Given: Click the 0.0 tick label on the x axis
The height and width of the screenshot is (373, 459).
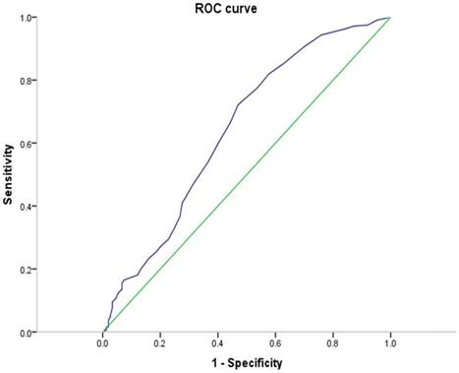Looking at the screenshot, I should [102, 345].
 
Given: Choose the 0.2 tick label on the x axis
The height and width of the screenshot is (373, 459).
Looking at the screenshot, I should [160, 345].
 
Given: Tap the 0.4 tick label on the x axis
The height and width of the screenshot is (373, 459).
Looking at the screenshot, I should [217, 345].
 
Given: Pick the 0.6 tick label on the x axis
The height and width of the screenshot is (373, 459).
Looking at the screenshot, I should [275, 345].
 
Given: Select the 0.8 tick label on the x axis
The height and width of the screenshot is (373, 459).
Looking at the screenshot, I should [333, 345].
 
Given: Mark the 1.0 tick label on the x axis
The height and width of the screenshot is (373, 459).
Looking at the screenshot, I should [390, 345].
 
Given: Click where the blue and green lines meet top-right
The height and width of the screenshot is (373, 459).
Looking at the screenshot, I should [390, 18].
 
